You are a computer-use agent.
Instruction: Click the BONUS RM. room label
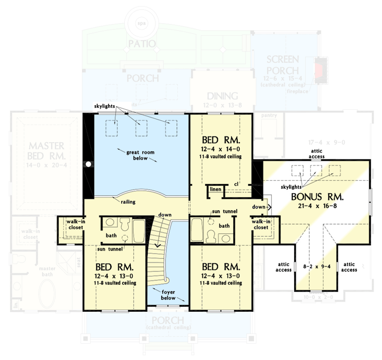317,197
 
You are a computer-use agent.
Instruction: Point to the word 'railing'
128,202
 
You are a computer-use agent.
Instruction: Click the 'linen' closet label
215,189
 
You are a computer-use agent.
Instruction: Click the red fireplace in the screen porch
320,70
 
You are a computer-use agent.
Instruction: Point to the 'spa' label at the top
142,22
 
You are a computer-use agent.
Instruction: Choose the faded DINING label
222,96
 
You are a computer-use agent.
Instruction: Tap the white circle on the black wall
89,164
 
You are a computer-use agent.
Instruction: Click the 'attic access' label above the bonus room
317,154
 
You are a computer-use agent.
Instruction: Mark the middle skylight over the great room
142,128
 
